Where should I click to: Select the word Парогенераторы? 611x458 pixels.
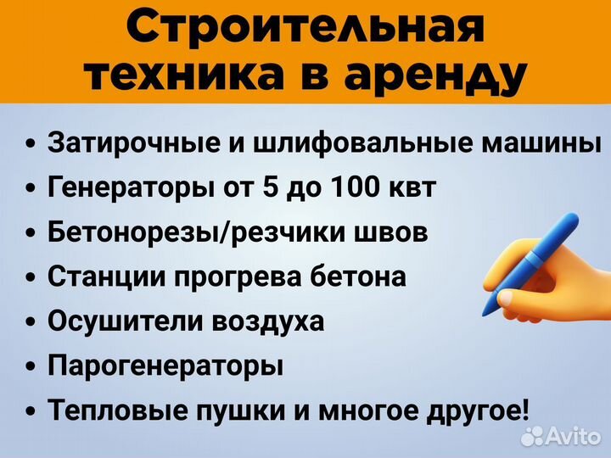pyautogui.click(x=165, y=366)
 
